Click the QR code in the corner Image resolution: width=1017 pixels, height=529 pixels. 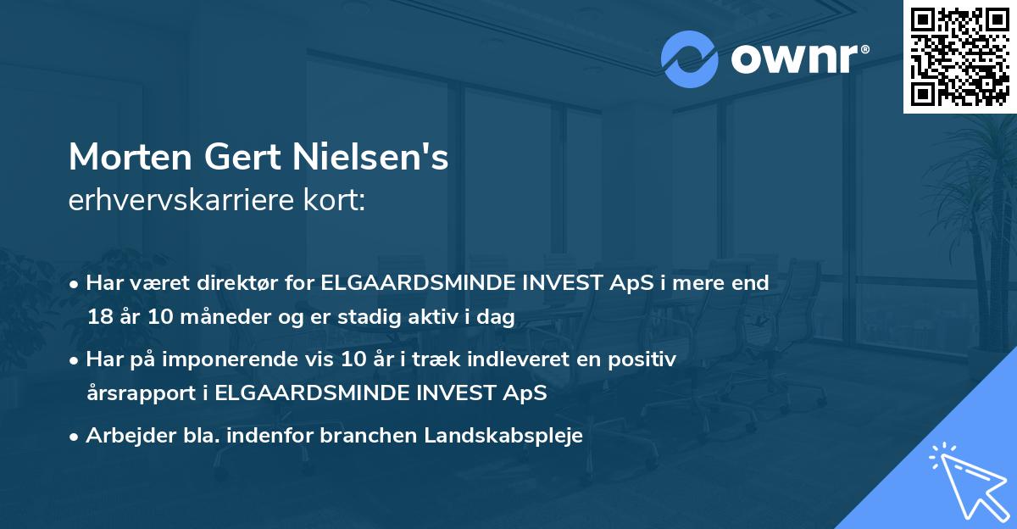pyautogui.click(x=959, y=56)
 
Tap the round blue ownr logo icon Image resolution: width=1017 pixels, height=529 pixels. pyautogui.click(x=689, y=59)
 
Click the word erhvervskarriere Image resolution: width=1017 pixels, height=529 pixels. pyautogui.click(x=179, y=202)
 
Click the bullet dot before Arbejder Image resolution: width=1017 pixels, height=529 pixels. pyautogui.click(x=75, y=437)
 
